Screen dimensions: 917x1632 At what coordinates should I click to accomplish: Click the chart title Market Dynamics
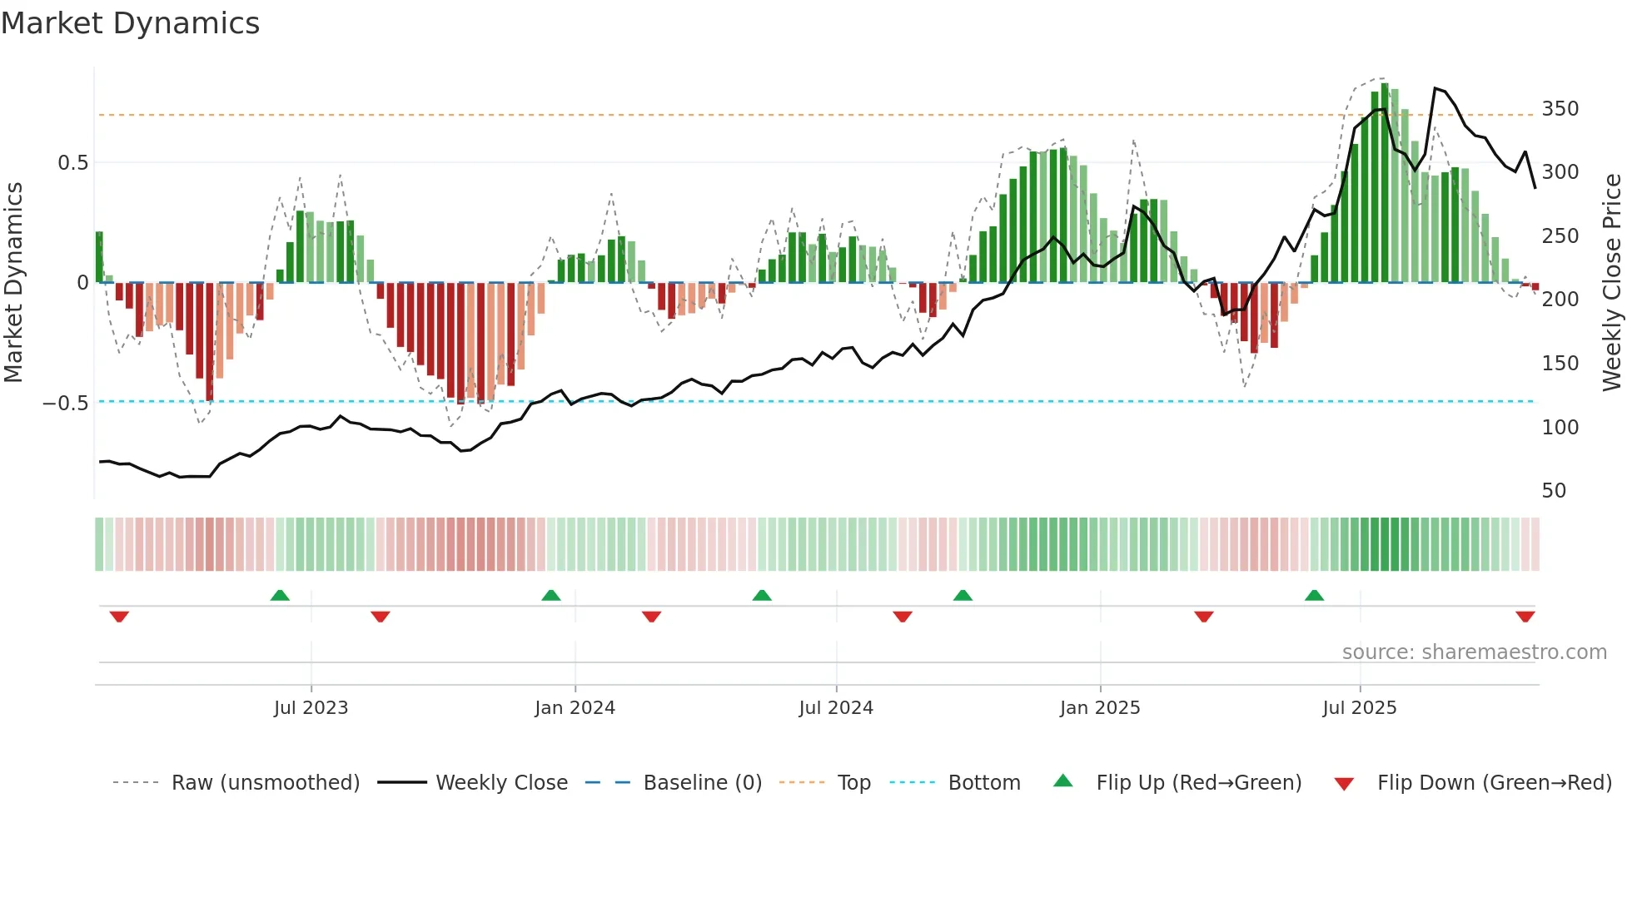tap(131, 23)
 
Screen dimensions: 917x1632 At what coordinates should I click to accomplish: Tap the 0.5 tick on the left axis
tap(72, 163)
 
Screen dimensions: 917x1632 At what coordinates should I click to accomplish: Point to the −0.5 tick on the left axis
tap(66, 404)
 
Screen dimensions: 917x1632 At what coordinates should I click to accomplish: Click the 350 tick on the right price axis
tap(1560, 109)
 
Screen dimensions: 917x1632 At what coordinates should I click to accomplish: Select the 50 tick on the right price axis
tap(1553, 491)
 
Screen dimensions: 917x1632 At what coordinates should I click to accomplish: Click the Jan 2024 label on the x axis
tap(575, 708)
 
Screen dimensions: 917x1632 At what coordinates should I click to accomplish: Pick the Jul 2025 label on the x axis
tap(1359, 708)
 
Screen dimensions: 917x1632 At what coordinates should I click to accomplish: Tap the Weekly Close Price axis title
tap(1612, 283)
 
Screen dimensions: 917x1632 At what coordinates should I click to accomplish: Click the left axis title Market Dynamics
tap(13, 283)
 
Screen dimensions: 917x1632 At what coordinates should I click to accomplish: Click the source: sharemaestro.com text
tap(1474, 652)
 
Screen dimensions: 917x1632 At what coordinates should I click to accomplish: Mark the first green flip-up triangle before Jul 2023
tap(280, 596)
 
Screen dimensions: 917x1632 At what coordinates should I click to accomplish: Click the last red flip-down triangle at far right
tap(1525, 617)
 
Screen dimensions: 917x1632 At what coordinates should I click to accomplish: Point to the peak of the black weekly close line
tap(1435, 88)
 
